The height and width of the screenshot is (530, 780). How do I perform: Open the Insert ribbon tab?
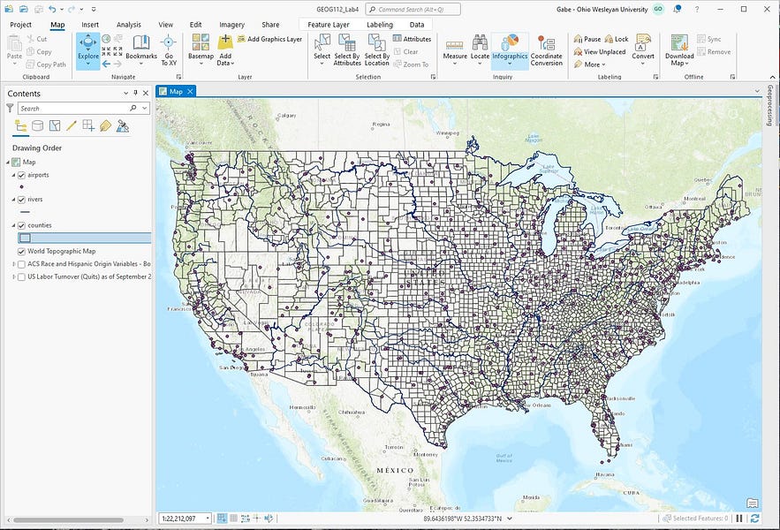[x=90, y=25]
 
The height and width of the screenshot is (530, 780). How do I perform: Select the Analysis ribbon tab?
[x=129, y=25]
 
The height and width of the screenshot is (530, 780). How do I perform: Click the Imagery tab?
[x=231, y=25]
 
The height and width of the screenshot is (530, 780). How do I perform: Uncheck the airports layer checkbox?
[x=22, y=175]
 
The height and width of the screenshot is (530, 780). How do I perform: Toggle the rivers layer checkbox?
[x=22, y=200]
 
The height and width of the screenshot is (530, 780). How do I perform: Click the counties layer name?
[x=40, y=225]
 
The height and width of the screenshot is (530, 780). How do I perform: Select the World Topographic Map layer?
[x=61, y=251]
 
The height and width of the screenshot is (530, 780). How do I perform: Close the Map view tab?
[x=190, y=91]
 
